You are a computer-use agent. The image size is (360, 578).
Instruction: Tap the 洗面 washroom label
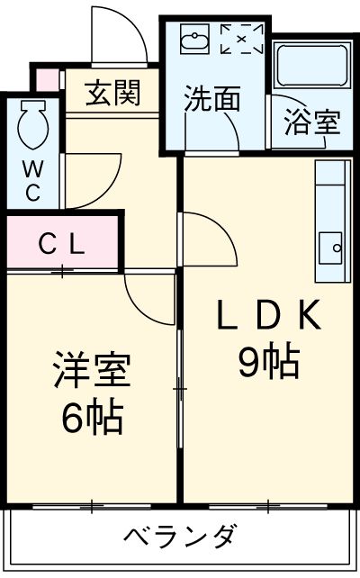(212, 98)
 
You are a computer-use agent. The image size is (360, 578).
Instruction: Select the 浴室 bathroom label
(311, 122)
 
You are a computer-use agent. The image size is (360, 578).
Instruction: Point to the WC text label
(31, 179)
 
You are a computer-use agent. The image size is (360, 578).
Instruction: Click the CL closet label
(60, 242)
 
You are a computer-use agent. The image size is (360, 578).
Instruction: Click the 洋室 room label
(93, 371)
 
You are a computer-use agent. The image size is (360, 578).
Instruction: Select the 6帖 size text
(93, 416)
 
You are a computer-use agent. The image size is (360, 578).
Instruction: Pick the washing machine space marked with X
(241, 40)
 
